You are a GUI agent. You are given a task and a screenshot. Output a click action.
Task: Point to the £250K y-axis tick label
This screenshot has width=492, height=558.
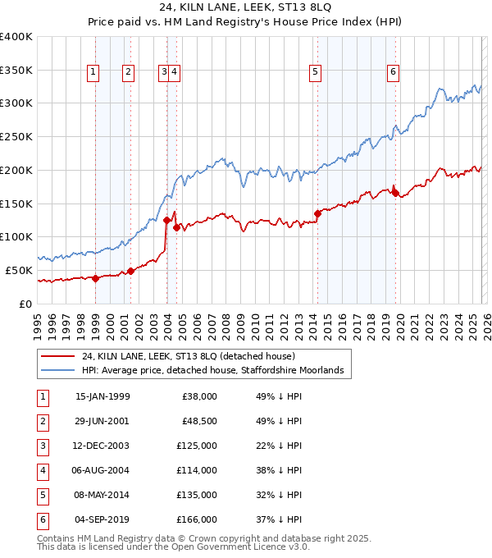point(16,136)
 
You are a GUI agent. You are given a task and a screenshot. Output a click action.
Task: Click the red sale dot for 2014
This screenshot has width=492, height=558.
point(317,213)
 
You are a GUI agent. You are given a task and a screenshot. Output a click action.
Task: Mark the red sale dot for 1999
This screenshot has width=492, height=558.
point(95,278)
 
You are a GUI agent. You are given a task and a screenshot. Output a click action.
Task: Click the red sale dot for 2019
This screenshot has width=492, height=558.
point(394,193)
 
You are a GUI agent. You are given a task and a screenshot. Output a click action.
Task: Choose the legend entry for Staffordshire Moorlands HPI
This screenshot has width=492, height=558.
point(216,371)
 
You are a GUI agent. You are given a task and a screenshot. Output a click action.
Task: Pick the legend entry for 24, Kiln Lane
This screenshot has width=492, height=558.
point(194,357)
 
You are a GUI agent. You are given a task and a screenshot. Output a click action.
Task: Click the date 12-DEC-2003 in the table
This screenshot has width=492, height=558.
point(102,446)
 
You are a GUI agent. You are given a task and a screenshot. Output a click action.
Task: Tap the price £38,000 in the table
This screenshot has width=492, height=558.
point(199,396)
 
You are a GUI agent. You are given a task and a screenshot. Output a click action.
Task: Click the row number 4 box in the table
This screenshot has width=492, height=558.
point(40,470)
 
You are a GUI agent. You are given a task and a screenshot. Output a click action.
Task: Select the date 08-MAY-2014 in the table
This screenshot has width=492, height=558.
point(102,495)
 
